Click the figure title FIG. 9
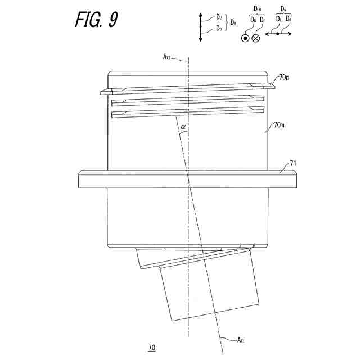click(96, 20)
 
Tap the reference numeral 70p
click(283, 77)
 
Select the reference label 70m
click(280, 124)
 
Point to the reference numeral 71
click(292, 164)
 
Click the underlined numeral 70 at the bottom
click(151, 348)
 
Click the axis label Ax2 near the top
click(167, 57)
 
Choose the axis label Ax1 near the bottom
click(240, 340)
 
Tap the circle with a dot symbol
click(245, 38)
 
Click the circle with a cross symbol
click(256, 38)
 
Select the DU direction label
click(219, 17)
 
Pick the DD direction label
click(219, 28)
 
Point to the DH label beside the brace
click(233, 23)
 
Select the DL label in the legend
click(278, 19)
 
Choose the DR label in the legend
click(288, 19)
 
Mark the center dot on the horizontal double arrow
click(278, 34)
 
